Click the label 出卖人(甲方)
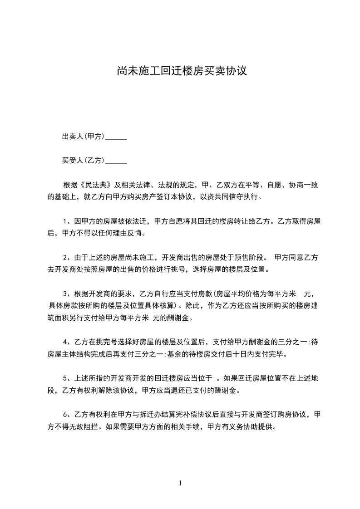84,137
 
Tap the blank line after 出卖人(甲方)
116,137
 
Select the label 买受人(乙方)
84,161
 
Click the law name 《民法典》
96,185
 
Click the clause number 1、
66,222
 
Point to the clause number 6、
66,414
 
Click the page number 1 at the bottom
180,483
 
